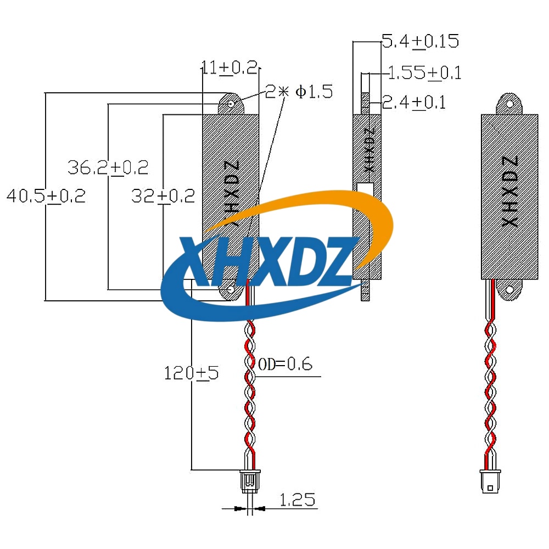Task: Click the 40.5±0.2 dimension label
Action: pos(46,196)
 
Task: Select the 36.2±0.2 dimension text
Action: pos(108,167)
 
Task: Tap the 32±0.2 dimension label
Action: pos(163,196)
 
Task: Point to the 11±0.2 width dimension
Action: pos(229,68)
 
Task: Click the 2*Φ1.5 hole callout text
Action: pos(299,92)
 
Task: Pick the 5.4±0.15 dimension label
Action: pos(420,41)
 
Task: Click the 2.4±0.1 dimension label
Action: pos(414,102)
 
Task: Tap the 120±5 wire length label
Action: pos(191,373)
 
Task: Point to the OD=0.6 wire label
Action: pos(285,364)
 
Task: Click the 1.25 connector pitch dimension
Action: pos(297,500)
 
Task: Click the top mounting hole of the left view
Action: pos(231,104)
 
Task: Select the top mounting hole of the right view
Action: pos(509,104)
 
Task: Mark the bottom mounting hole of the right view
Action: pos(509,289)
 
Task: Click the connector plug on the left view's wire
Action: pos(250,481)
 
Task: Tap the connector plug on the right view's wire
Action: pos(490,482)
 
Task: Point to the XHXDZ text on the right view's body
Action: pos(510,192)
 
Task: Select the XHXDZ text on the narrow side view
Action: pos(369,150)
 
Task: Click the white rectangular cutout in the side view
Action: pos(365,187)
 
